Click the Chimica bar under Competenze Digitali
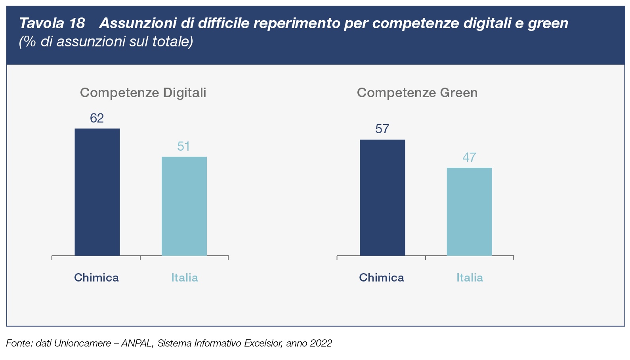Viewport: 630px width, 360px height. pos(97,192)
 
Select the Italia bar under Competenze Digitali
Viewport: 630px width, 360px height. pos(184,206)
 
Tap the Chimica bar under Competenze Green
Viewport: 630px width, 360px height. pos(382,197)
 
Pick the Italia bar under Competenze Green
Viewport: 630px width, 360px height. pos(469,212)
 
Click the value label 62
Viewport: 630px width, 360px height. pos(97,118)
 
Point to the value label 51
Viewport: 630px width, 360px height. pos(184,147)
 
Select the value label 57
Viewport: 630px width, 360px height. pos(382,129)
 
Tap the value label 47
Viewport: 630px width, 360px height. pos(469,158)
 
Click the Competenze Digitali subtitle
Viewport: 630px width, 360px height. pos(143,93)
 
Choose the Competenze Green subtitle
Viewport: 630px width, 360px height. pos(417,93)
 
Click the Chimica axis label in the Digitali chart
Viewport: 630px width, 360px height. pos(96,278)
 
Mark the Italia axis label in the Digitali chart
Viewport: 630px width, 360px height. pos(185,278)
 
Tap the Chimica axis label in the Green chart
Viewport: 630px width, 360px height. pos(382,278)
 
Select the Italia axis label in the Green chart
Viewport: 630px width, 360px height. pos(470,278)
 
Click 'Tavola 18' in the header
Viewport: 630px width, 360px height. pos(52,23)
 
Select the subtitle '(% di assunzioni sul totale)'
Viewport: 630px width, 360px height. pos(106,41)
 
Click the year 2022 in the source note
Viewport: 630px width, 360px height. pos(321,343)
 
